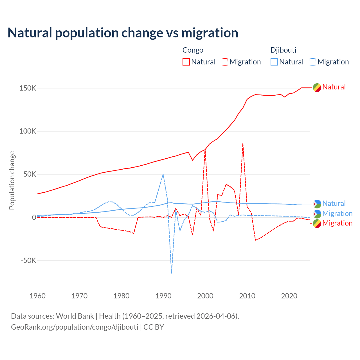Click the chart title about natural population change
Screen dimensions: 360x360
[123, 33]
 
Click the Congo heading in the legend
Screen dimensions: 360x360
[193, 50]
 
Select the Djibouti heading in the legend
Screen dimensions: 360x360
[283, 50]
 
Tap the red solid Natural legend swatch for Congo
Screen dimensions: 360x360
[186, 62]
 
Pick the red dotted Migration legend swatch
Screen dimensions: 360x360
[224, 62]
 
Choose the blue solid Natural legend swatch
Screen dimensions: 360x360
[274, 62]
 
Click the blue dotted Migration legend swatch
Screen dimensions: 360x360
[312, 62]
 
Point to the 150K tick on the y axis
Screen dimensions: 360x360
[28, 88]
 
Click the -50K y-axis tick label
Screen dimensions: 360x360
[28, 260]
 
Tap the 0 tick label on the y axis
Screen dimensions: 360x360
[34, 217]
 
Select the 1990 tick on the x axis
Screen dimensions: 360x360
[163, 296]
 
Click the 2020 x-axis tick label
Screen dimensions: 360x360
[289, 296]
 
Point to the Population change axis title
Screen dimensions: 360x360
[12, 180]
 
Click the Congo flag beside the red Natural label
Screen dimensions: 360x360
[317, 87]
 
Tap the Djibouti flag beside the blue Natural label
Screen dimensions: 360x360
[317, 204]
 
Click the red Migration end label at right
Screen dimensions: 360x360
[337, 223]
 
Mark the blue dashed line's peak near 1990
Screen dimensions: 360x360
[163, 174]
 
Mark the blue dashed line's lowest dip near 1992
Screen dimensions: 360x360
[172, 273]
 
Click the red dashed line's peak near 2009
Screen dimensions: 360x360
[243, 143]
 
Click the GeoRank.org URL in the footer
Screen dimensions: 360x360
[75, 327]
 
